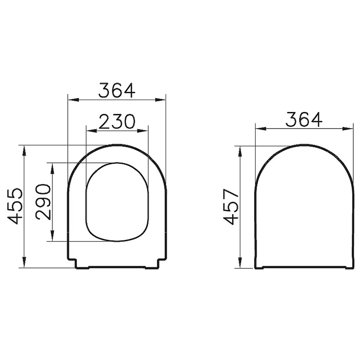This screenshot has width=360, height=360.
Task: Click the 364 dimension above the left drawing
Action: (117, 90)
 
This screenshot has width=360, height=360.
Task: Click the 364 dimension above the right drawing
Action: (304, 119)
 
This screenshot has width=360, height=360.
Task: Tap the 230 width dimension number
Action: (117, 121)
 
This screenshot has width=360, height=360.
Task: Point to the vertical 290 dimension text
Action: (43, 202)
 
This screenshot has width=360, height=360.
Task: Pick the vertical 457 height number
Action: (231, 207)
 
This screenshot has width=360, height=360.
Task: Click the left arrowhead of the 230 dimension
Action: (91, 130)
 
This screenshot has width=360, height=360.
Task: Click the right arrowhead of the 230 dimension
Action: (143, 130)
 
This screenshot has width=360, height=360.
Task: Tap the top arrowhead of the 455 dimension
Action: (24, 151)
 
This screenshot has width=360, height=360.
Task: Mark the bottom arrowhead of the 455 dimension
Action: (24, 262)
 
